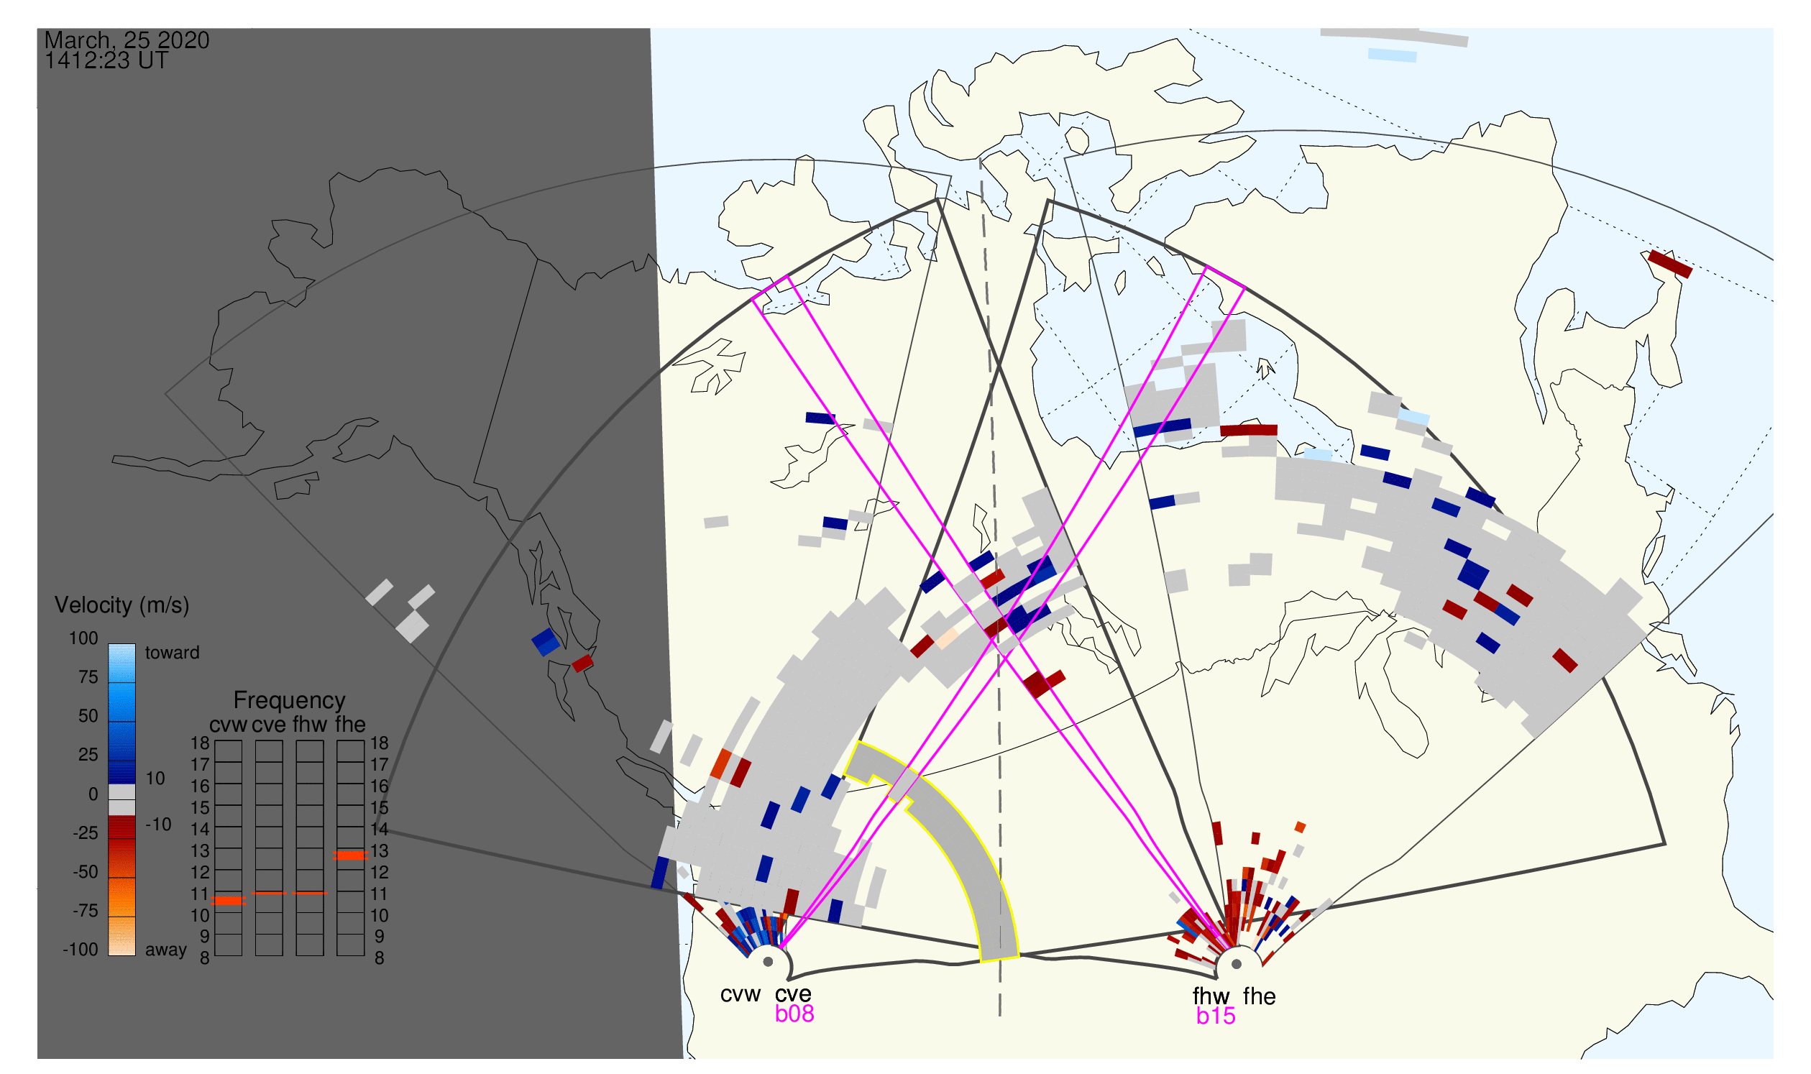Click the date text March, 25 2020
pos(127,40)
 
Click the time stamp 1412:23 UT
pos(106,61)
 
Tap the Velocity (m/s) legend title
pos(122,606)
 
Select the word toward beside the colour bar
pos(173,653)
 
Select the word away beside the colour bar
pos(166,950)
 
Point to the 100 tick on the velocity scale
pos(83,638)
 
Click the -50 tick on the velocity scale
pos(86,872)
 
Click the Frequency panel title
pos(290,702)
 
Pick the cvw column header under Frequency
pos(228,725)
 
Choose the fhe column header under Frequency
pos(350,725)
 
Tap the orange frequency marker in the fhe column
pos(350,856)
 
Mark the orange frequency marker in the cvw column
pos(229,901)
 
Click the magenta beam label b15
pos(1216,1017)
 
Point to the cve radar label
pos(793,995)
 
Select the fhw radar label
pos(1211,997)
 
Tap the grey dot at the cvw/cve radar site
pos(769,963)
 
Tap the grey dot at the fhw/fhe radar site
pos(1237,965)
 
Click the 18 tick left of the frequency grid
pos(200,743)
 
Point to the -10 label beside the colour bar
pos(158,825)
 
